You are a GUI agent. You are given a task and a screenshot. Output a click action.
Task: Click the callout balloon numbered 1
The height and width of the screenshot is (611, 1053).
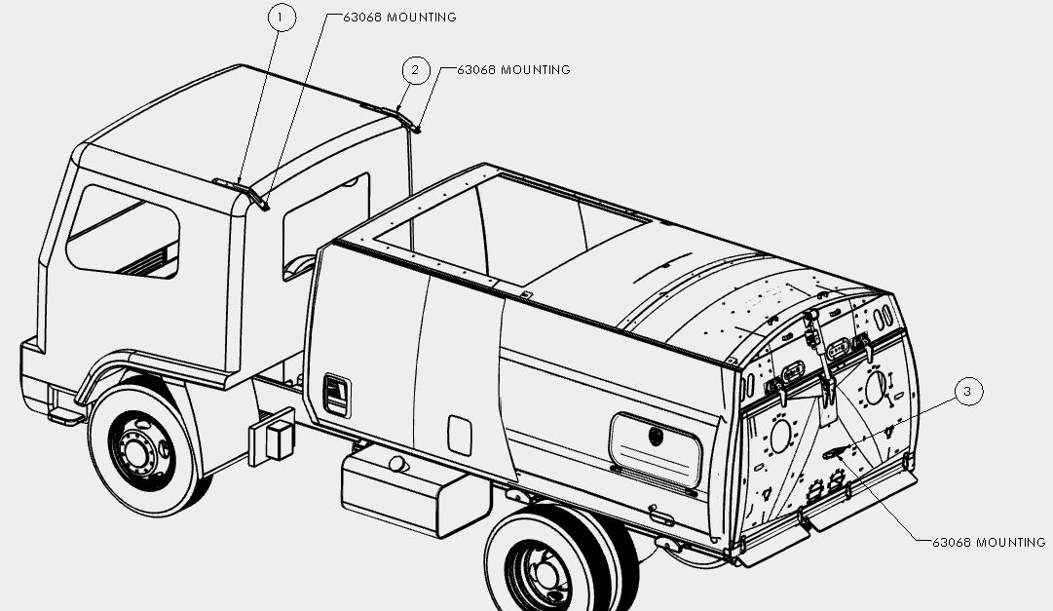[x=282, y=18]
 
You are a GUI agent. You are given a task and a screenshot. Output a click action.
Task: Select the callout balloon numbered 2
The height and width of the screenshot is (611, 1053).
[x=416, y=70]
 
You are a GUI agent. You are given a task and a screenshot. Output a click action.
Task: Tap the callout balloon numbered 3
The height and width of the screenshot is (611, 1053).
[x=967, y=391]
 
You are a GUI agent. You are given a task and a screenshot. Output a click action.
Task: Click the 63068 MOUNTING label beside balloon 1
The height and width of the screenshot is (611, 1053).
[x=399, y=18]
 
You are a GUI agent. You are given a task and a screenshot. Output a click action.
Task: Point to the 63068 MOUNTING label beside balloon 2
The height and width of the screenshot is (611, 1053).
[x=513, y=70]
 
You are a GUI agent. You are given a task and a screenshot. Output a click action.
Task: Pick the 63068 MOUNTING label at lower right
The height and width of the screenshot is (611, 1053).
[x=989, y=543]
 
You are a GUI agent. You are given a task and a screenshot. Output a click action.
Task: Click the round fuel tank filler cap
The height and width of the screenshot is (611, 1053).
[x=397, y=464]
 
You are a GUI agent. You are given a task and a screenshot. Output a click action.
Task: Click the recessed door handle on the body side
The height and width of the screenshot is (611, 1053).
[x=336, y=394]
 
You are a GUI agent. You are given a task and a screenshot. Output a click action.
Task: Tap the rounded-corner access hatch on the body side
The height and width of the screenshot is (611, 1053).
[x=656, y=450]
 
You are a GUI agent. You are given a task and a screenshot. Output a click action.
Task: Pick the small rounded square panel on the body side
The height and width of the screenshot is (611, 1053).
[x=460, y=436]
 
